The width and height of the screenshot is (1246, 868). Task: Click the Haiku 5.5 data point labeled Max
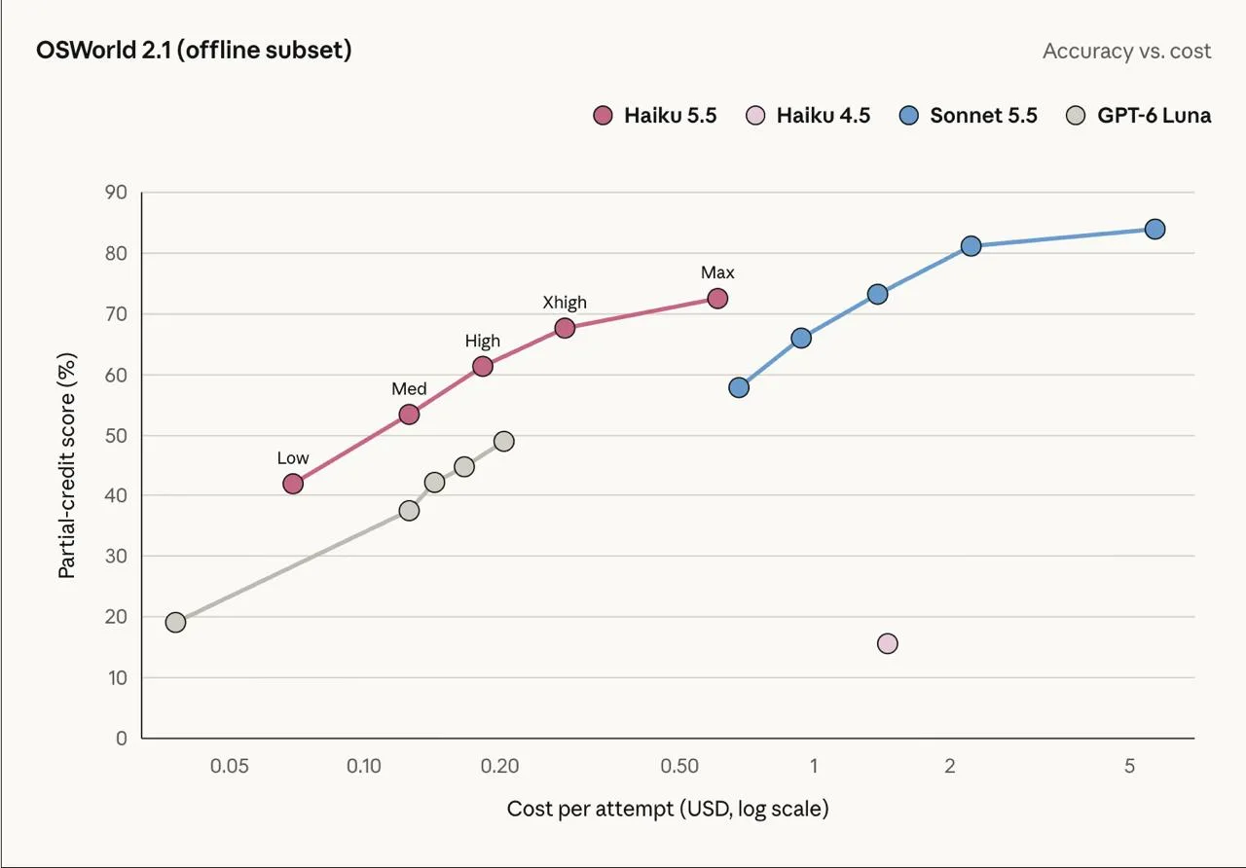tap(717, 299)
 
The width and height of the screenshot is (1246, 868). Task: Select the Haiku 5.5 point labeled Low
tap(293, 484)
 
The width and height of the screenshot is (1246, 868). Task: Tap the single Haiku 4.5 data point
tap(887, 643)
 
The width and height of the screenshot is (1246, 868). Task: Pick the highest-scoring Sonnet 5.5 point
tap(1154, 229)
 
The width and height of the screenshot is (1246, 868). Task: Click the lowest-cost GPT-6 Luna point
tap(175, 622)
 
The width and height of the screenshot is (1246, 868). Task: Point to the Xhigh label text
tap(565, 302)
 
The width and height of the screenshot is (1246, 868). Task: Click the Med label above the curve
tap(409, 388)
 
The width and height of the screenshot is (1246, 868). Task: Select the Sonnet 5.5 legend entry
tap(969, 115)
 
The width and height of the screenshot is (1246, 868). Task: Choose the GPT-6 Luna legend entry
tap(1139, 115)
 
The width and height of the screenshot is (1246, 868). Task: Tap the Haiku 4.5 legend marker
tap(754, 115)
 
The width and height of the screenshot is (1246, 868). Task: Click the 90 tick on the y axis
tap(116, 193)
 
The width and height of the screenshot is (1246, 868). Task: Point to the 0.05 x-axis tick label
tap(229, 766)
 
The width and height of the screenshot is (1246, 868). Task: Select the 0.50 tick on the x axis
tap(679, 766)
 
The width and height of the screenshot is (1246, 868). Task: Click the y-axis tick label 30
tap(116, 556)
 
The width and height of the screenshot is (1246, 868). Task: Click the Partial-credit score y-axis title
tap(66, 465)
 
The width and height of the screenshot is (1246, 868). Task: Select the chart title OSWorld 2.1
tap(194, 50)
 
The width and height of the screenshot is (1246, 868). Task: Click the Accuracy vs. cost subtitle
tap(1127, 52)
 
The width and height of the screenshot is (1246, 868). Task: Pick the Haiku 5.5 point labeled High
tap(482, 367)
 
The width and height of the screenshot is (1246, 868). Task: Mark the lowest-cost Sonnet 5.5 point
tap(739, 387)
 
